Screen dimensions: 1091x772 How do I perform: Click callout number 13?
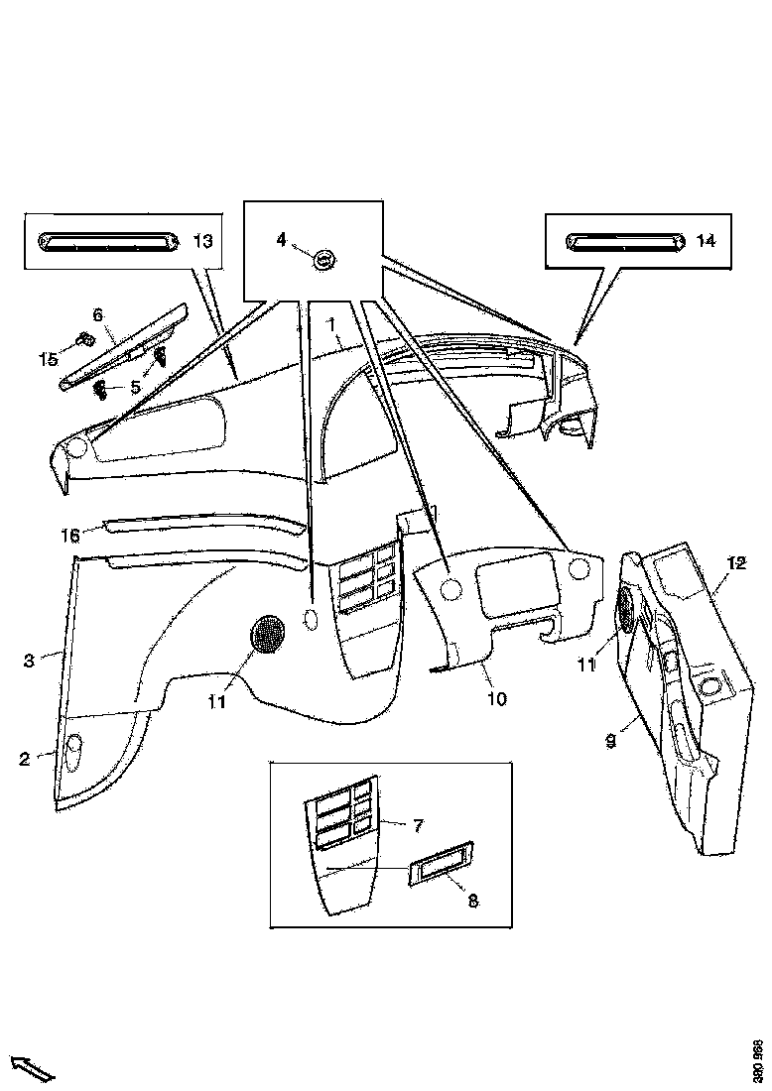201,241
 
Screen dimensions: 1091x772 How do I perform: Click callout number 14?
706,241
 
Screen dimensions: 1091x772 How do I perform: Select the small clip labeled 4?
322,260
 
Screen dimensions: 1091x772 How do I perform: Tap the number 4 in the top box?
282,239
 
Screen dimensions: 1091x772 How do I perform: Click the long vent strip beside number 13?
108,241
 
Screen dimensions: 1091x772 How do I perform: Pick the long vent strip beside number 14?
623,241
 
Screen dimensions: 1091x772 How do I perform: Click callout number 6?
97,314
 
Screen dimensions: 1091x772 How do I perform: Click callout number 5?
135,386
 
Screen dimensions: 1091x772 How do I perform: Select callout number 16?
70,536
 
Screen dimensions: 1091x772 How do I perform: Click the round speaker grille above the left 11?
265,634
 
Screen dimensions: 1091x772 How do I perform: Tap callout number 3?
30,660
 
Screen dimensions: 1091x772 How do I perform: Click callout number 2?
24,759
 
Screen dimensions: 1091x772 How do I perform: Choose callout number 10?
497,698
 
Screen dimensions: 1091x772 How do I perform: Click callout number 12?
735,563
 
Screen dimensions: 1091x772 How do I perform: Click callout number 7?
418,824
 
